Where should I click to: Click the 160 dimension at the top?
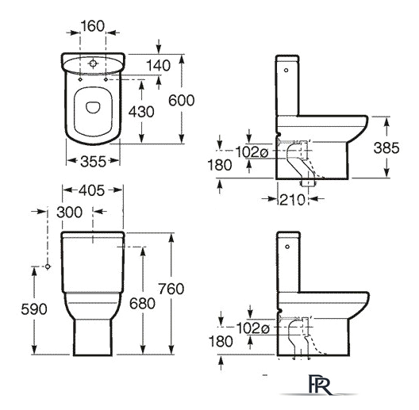coord(93,26)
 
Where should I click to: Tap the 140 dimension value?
coord(158,66)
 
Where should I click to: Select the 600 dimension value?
coord(181,101)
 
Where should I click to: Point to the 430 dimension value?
coord(141,112)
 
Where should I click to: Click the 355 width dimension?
coord(94,162)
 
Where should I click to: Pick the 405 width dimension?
coord(92,190)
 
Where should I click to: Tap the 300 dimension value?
coord(70,213)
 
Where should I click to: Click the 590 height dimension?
coord(34,309)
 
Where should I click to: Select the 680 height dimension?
coord(142,304)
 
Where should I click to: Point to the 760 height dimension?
coord(171,289)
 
